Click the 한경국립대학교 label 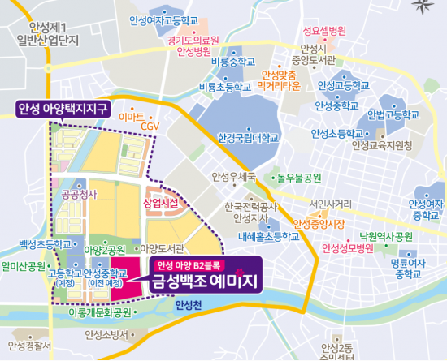(x=243, y=140)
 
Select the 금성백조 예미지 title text (x=201, y=281)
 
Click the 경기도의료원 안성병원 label (x=193, y=45)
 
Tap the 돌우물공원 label (x=298, y=176)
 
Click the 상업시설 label (x=160, y=200)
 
